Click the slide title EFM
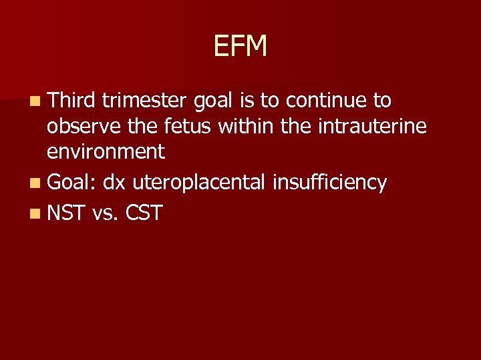[240, 47]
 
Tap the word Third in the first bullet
[72, 101]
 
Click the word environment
[106, 152]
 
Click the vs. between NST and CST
[104, 214]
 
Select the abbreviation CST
[142, 213]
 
